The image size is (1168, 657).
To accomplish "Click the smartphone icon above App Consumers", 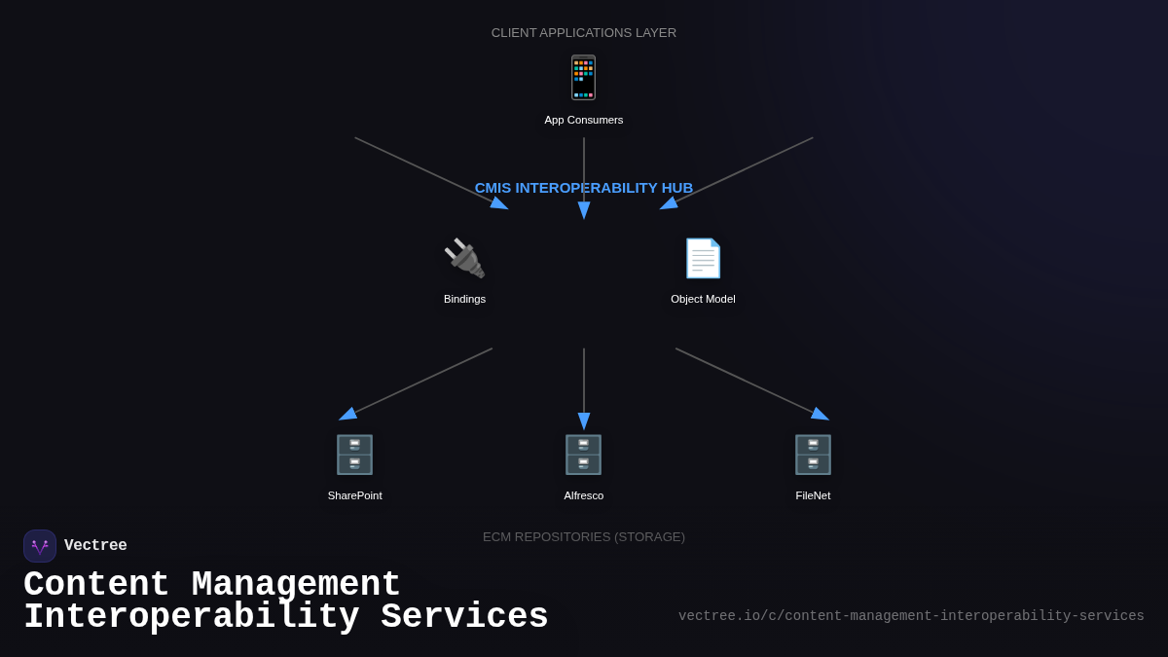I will [583, 78].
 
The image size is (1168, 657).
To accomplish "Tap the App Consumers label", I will [583, 120].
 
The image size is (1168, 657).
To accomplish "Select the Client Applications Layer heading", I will [583, 33].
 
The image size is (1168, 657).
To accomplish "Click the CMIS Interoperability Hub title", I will [583, 188].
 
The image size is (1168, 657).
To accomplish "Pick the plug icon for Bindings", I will [464, 259].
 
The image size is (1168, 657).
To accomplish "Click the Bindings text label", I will [464, 299].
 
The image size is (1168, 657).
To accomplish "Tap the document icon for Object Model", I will [703, 259].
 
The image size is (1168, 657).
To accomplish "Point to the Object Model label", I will [703, 299].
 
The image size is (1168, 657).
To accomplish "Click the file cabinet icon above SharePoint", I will [354, 455].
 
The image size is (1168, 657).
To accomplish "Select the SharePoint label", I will [354, 495].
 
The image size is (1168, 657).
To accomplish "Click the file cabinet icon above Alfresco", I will [583, 455].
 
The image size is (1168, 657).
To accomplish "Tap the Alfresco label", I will [583, 495].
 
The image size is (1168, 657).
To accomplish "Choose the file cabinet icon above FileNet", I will [813, 455].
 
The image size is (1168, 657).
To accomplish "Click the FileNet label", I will [813, 495].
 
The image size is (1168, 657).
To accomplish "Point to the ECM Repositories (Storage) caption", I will [583, 537].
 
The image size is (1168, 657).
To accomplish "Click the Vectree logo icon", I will [40, 546].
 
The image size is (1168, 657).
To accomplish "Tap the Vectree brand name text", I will [95, 546].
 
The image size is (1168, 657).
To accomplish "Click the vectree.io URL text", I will [911, 616].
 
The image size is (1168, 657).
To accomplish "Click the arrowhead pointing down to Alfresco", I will [584, 421].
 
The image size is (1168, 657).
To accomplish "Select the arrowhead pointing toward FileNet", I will [820, 414].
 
